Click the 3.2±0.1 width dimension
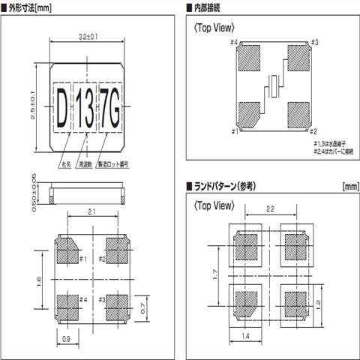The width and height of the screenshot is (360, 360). click(x=88, y=35)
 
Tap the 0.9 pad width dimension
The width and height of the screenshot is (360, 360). click(x=67, y=340)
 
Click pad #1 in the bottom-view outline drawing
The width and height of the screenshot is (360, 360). click(x=70, y=250)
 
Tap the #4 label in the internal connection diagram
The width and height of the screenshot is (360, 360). click(x=234, y=43)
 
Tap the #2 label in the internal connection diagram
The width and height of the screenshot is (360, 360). click(x=314, y=131)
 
